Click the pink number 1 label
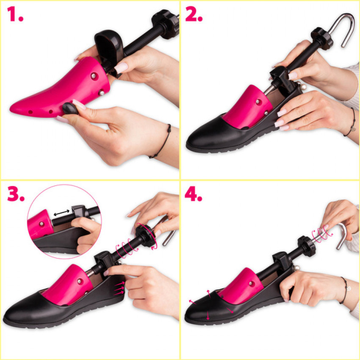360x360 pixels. (x=15, y=14)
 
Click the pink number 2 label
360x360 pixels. (x=194, y=14)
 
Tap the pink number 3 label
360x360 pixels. (x=16, y=194)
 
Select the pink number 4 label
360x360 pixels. (x=193, y=194)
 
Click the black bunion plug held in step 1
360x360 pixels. (x=70, y=108)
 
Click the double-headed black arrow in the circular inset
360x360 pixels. (x=61, y=213)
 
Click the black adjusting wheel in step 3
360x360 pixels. (x=146, y=236)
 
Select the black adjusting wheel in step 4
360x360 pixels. (x=307, y=246)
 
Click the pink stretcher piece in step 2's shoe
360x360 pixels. (x=247, y=107)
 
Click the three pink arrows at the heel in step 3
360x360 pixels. (x=119, y=288)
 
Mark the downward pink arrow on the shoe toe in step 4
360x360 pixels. (x=208, y=316)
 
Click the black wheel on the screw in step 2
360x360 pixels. (x=321, y=39)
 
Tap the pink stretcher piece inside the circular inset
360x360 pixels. (x=40, y=224)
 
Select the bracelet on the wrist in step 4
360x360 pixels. (x=344, y=290)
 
